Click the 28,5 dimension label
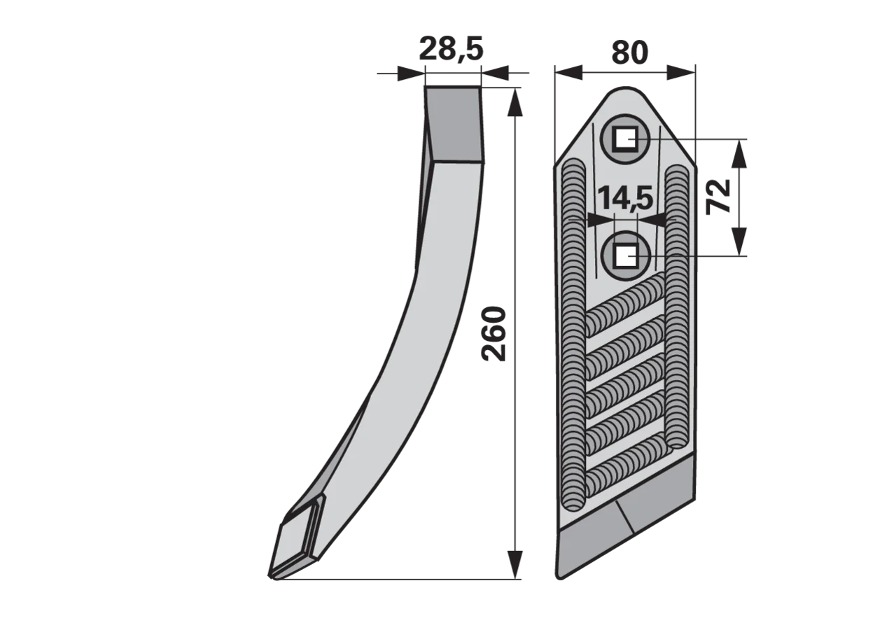[451, 49]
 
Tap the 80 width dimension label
[629, 52]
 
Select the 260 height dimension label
[494, 335]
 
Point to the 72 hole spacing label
[718, 197]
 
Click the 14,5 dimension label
[625, 197]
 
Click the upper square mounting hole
[625, 139]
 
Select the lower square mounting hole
[625, 256]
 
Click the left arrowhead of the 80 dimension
[568, 72]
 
